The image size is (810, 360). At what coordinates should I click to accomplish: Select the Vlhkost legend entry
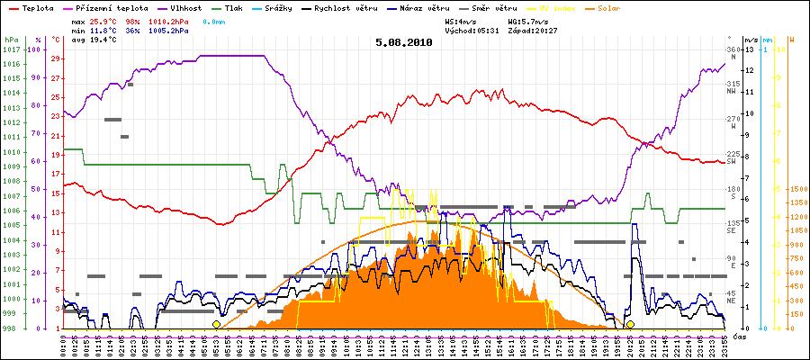184,7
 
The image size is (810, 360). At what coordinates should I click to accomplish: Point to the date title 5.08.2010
404,41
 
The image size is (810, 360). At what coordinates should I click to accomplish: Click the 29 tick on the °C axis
56,58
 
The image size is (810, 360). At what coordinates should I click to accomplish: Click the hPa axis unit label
10,40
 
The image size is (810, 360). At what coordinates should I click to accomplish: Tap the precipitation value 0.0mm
213,20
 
